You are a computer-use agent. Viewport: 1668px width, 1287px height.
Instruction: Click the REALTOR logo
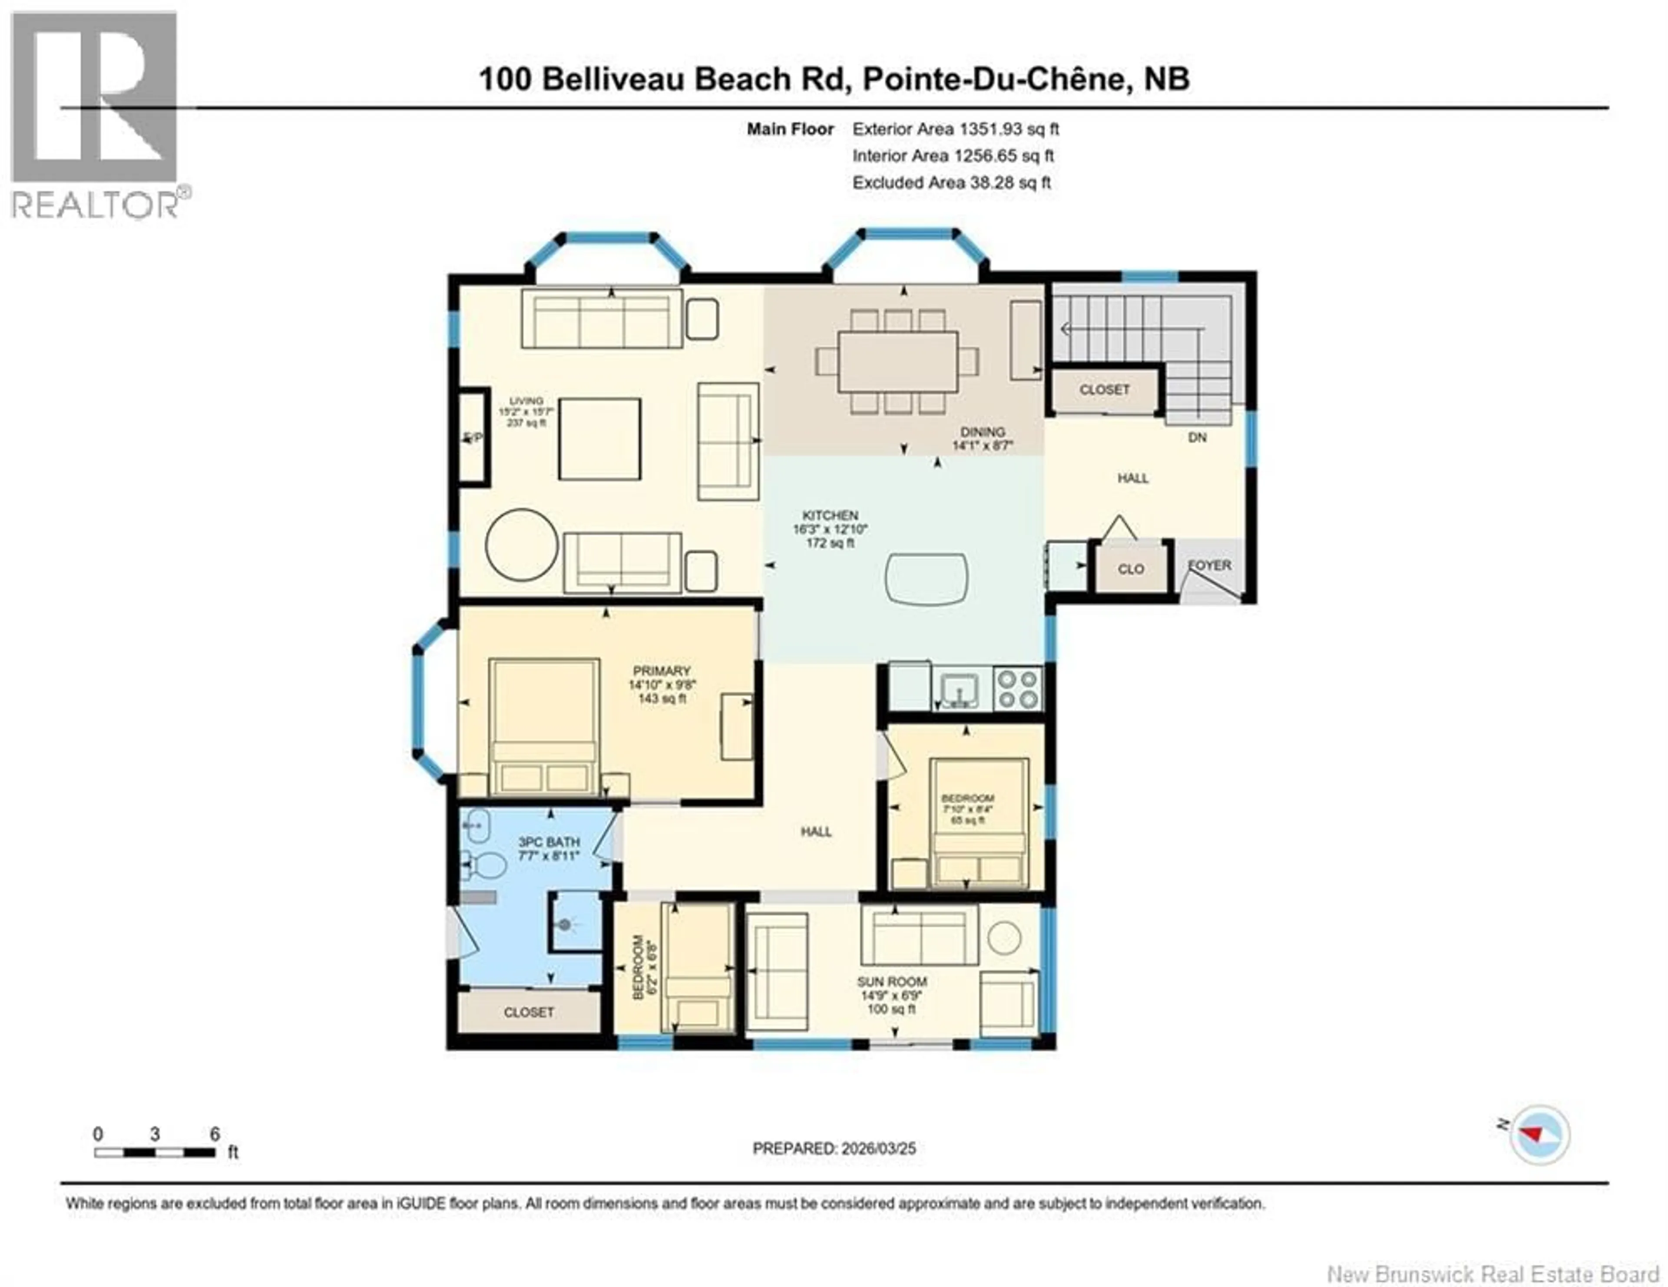96,115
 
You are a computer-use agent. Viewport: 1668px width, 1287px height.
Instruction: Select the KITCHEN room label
830,515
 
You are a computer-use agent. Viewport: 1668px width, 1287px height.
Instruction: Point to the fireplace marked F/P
473,437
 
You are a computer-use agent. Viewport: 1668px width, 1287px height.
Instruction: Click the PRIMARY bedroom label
662,671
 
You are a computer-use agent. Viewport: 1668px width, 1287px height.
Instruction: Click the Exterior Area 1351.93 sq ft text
956,129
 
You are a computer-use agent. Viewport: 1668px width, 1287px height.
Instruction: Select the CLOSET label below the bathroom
529,1012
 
